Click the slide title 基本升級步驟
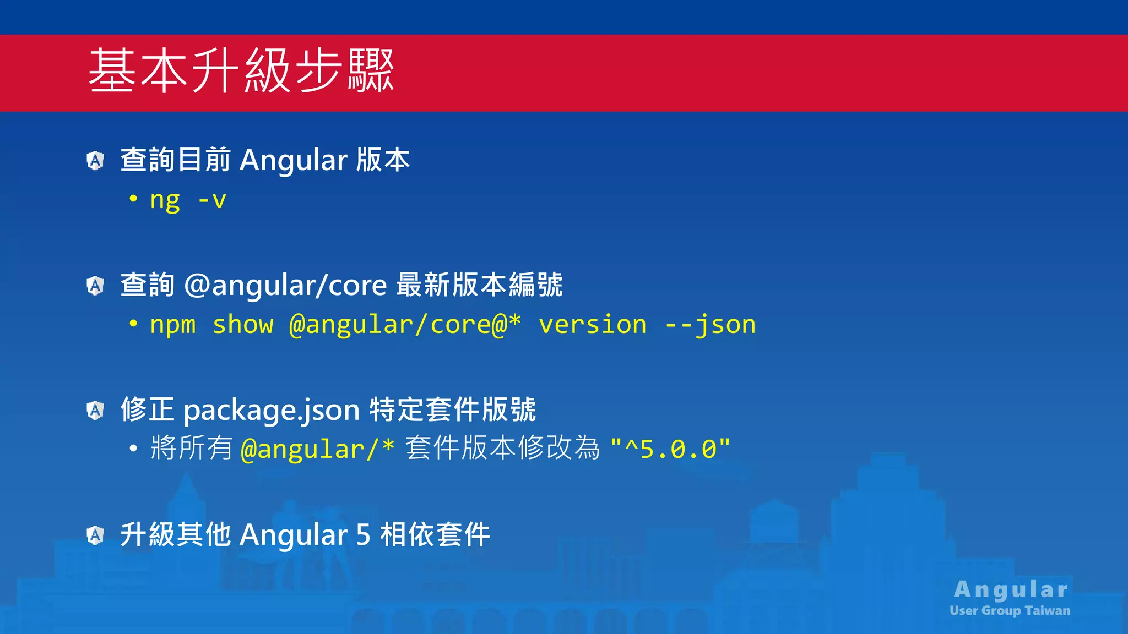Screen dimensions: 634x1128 [241, 71]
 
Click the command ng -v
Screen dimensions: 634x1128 [188, 200]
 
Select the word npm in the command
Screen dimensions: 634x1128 [173, 325]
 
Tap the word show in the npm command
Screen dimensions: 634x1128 [243, 325]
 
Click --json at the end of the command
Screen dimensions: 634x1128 [710, 325]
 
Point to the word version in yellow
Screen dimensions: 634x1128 [593, 325]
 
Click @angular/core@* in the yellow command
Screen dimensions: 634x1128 [405, 325]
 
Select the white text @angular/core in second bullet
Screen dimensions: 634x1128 [285, 286]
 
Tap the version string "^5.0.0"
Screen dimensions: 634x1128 [670, 449]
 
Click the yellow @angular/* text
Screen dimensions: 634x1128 [318, 449]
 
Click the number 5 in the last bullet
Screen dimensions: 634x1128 [363, 535]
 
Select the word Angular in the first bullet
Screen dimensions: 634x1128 [294, 161]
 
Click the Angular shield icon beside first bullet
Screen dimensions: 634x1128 [96, 161]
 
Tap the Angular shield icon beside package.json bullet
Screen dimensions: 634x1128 [96, 410]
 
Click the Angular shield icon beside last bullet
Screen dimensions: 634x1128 [96, 535]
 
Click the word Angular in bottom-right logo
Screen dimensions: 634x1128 [1011, 590]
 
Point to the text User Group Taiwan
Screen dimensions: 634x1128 [1010, 611]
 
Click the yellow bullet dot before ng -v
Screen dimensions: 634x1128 [133, 199]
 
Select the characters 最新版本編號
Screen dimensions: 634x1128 [479, 286]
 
